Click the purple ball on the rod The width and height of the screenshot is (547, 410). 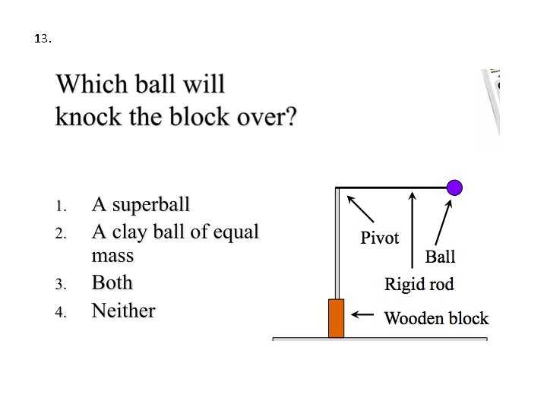[454, 187]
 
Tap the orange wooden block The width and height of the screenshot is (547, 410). [336, 318]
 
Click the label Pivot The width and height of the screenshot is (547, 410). [379, 238]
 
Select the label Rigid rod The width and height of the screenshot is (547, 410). [419, 285]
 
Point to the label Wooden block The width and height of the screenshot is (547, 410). [436, 318]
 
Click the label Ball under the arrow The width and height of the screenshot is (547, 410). [440, 257]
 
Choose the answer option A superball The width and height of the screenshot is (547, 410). [141, 204]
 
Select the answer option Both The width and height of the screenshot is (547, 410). [112, 282]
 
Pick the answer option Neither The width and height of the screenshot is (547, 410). [123, 311]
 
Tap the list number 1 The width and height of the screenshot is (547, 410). [62, 206]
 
